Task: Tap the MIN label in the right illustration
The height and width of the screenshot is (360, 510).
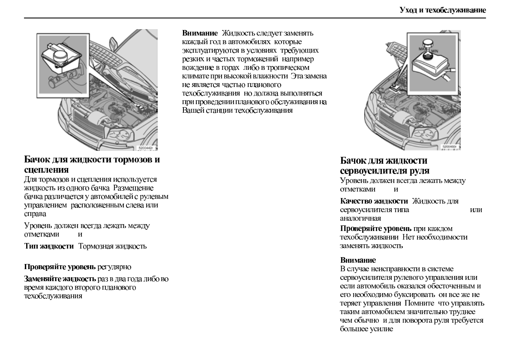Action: pos(435,51)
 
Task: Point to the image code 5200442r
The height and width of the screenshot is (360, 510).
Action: pos(145,148)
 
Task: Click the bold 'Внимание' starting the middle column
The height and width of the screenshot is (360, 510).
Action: pos(200,33)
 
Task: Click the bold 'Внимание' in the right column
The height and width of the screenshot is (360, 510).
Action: pos(358,260)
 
